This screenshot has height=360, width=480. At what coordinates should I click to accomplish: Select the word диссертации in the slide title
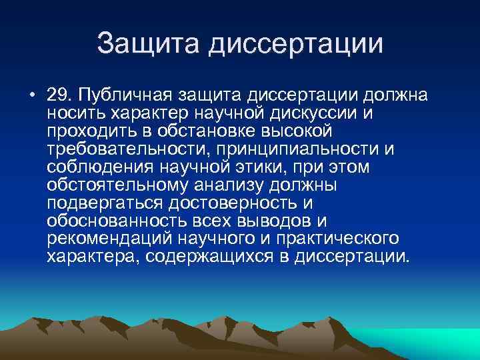(295, 44)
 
